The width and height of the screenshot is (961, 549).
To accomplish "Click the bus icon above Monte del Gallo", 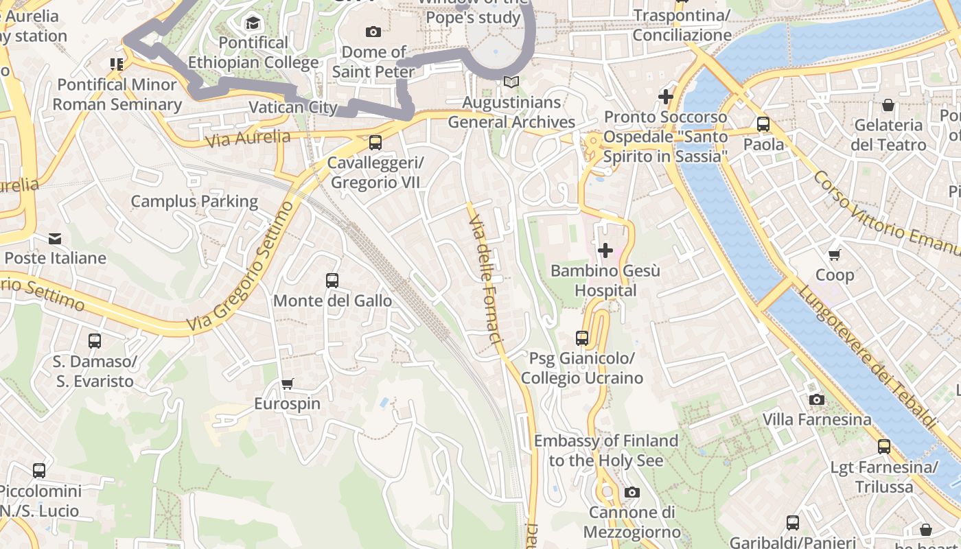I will click(x=332, y=280).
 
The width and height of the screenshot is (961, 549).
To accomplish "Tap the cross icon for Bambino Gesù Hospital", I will click(x=605, y=250).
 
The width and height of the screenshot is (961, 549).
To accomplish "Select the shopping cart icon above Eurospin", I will click(x=288, y=384).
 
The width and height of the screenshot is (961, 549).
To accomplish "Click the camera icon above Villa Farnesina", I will click(x=816, y=399).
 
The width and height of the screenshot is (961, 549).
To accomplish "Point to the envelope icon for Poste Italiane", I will click(x=55, y=238).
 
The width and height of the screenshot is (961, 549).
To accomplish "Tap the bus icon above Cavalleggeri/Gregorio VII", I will click(x=375, y=143).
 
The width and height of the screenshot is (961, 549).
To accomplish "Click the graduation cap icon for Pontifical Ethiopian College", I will click(x=253, y=23).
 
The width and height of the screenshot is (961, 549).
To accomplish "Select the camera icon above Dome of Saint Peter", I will click(x=373, y=32).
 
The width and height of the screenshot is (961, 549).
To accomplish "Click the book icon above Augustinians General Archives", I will click(x=511, y=82).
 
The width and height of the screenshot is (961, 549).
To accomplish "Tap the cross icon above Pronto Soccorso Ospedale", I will click(x=665, y=97).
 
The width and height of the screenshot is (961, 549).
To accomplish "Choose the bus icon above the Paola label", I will click(x=763, y=124).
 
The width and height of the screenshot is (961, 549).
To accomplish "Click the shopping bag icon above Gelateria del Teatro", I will click(x=888, y=105).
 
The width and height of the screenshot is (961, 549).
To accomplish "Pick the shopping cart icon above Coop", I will click(x=835, y=255).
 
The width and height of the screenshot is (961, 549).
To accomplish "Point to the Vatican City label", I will click(x=293, y=108).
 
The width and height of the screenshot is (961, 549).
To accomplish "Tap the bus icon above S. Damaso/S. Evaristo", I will click(x=95, y=340).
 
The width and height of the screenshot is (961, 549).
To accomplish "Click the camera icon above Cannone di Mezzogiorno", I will click(x=632, y=492).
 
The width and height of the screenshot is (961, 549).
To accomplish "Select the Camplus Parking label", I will click(x=194, y=201).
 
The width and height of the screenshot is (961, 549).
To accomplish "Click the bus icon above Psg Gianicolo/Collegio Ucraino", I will click(x=582, y=338).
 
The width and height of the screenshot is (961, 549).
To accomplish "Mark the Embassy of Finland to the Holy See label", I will click(x=606, y=450).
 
